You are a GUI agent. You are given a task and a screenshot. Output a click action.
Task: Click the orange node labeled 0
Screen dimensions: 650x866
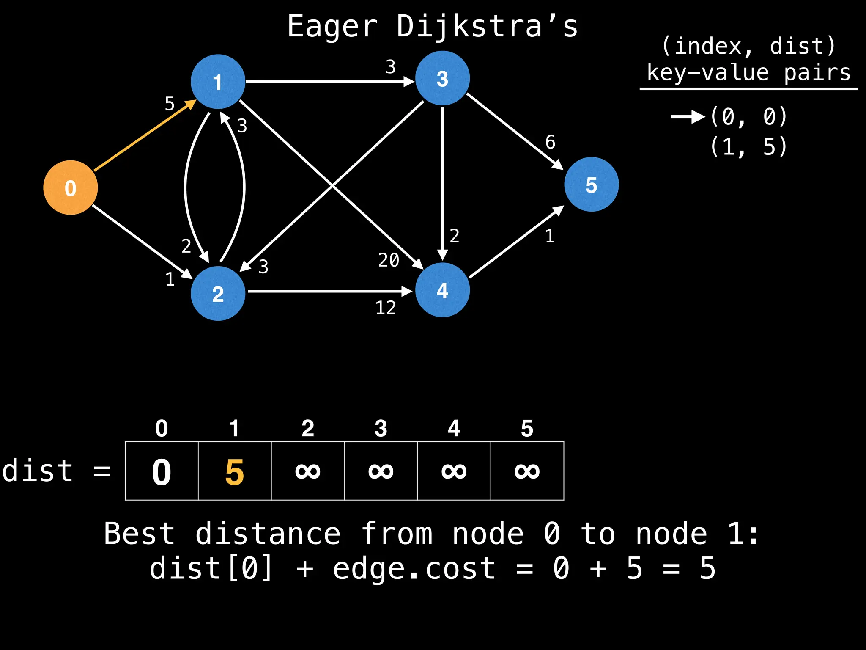(71, 187)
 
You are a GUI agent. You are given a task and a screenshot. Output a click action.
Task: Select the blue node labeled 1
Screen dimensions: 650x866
(218, 82)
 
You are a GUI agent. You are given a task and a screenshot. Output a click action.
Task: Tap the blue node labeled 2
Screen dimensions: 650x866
(218, 294)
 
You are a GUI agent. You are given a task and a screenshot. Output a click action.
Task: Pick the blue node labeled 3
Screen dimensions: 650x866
(442, 79)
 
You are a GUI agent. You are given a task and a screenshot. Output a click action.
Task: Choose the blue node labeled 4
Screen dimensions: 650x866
(442, 290)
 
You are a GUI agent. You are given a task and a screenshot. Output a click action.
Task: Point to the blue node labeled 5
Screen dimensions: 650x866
(591, 185)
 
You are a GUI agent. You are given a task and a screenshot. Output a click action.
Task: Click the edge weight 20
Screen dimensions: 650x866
(389, 260)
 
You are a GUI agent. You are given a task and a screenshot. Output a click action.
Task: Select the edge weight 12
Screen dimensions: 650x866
(386, 308)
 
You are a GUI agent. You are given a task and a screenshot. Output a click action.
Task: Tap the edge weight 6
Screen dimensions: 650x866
(550, 143)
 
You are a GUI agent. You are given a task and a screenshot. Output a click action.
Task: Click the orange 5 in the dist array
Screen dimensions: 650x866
(235, 472)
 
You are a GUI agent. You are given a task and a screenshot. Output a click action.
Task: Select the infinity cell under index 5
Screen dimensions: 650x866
(527, 471)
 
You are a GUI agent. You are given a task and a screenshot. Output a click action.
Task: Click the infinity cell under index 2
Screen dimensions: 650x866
(308, 471)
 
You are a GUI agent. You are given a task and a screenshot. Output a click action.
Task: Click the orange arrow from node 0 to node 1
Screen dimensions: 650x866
(144, 136)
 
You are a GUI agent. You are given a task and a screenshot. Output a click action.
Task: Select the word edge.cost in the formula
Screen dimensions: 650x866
(414, 568)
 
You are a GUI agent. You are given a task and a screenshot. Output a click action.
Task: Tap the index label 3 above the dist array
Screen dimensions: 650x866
(381, 429)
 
